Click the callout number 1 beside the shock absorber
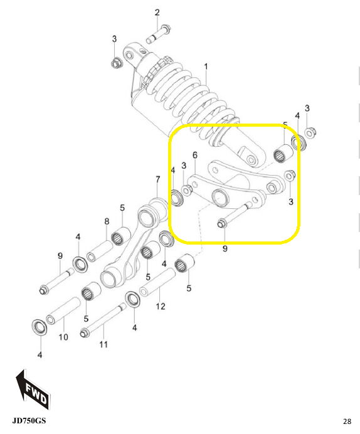[x=206, y=66]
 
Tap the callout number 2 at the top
[x=157, y=13]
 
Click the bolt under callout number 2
[x=159, y=34]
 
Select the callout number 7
[x=157, y=179]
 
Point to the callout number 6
[x=195, y=155]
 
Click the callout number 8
[x=107, y=221]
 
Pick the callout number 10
[x=63, y=337]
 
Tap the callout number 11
[x=103, y=344]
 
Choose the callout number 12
[x=161, y=306]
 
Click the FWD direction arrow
[x=33, y=390]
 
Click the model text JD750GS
[x=29, y=421]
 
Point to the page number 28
[x=347, y=421]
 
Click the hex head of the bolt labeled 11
[x=83, y=333]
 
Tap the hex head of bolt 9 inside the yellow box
[x=221, y=224]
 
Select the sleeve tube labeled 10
[x=63, y=310]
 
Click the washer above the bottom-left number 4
[x=40, y=327]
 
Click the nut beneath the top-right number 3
[x=310, y=133]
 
